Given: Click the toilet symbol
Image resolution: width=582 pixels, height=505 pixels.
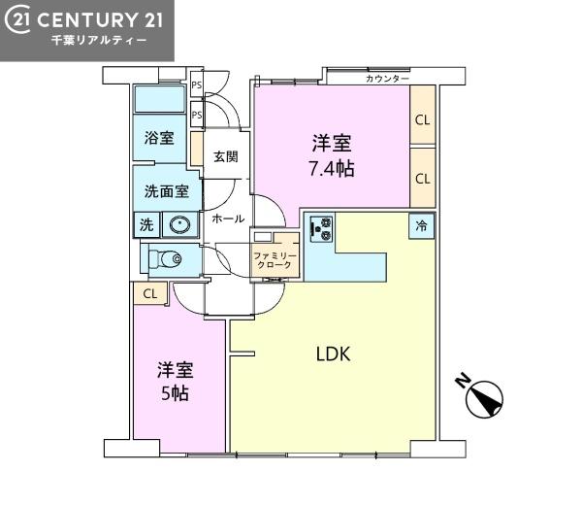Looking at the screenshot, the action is click(165, 258).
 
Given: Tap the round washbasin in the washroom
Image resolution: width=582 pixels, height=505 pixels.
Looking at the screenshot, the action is click(179, 224).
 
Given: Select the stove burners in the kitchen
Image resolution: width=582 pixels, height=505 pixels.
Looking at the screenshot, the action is click(322, 228).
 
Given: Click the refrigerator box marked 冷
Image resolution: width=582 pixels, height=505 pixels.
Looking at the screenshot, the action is click(421, 225).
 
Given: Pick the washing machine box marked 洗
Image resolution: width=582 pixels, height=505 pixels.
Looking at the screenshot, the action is click(146, 224).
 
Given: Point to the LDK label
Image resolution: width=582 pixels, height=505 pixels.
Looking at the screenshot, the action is click(333, 353).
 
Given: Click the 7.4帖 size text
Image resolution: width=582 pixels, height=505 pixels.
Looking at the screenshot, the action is click(332, 169).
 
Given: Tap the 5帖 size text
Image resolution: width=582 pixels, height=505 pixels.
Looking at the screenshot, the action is click(175, 393).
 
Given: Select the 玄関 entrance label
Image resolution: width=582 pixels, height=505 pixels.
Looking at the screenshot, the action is click(226, 156).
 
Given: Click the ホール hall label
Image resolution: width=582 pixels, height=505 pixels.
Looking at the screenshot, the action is click(228, 219).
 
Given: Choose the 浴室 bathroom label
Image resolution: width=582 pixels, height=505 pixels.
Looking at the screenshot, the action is click(159, 138).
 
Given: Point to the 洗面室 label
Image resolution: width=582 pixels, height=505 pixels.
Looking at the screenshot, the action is click(167, 191).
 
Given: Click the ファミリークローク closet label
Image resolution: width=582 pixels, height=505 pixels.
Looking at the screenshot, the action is click(275, 260).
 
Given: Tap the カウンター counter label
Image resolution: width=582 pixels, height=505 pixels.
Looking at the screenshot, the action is click(387, 79).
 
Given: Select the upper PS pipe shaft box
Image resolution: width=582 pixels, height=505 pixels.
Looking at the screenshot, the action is click(196, 84).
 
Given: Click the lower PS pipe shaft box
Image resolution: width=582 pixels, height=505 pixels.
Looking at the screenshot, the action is click(196, 115).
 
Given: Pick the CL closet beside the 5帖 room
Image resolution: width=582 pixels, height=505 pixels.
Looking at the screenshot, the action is click(150, 294).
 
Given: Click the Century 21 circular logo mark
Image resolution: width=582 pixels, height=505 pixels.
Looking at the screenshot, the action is click(17, 19).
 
